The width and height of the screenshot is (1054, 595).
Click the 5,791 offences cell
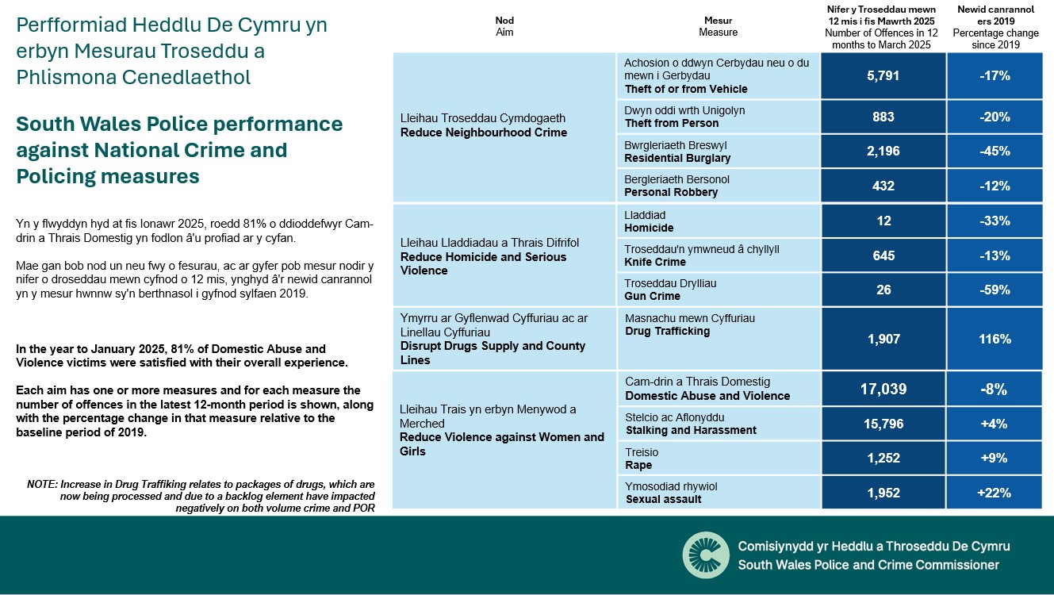[x=883, y=76]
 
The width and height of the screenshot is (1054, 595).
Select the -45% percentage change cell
[x=994, y=151]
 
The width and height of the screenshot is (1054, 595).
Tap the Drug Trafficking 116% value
[x=994, y=339]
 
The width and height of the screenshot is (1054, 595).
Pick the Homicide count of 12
[x=883, y=221]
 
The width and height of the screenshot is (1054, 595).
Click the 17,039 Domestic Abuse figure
[x=883, y=389]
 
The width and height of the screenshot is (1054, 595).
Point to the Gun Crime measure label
[x=653, y=296]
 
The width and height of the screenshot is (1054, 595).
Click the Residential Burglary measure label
[x=677, y=158]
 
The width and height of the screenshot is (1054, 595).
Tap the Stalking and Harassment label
[x=691, y=430]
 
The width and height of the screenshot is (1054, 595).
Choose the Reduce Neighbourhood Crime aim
[x=484, y=132]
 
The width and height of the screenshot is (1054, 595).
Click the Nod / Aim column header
[x=504, y=26]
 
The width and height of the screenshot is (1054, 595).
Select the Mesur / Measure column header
[x=718, y=26]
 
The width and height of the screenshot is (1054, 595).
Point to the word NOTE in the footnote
[x=41, y=484]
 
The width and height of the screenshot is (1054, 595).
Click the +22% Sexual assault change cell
[x=994, y=493]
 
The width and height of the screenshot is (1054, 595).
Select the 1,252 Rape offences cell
[x=883, y=458]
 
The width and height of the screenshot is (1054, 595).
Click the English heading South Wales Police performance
[x=179, y=125]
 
